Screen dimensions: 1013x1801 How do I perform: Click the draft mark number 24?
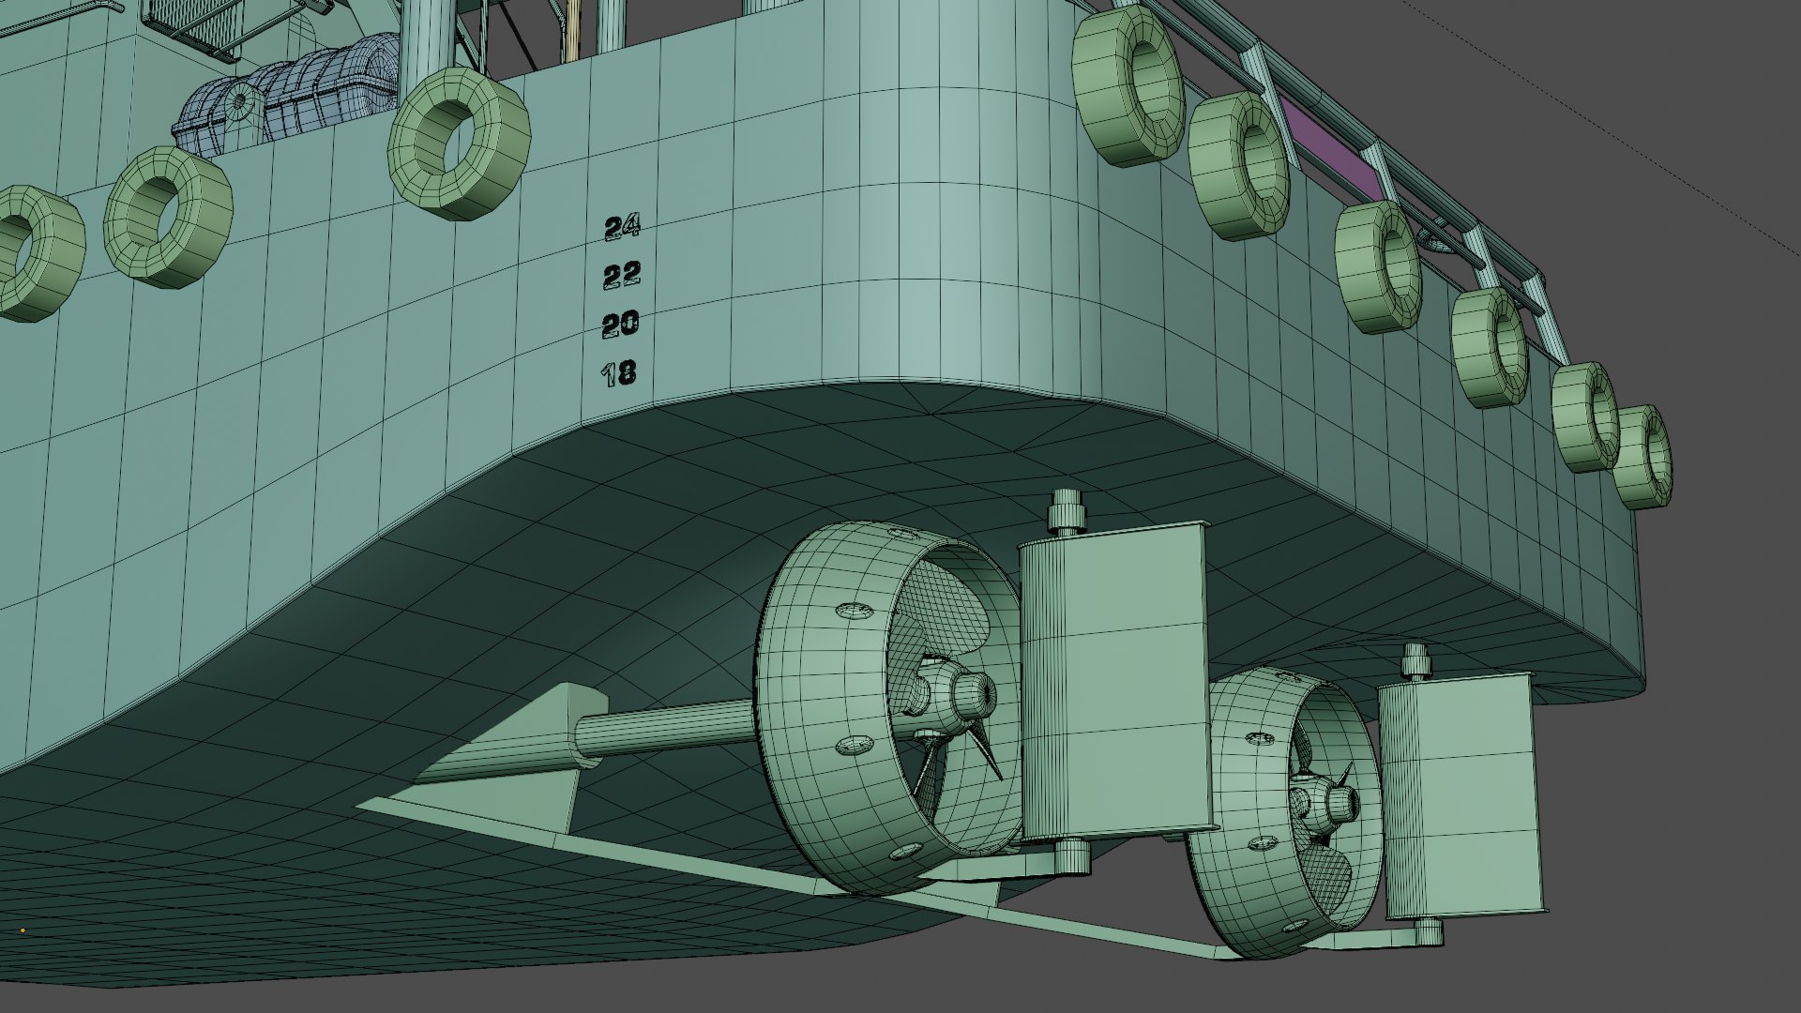(622, 226)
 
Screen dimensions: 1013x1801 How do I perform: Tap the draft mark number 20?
(620, 325)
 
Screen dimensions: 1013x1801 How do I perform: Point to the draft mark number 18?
(619, 374)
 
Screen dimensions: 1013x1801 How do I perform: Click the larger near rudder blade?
(1112, 680)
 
